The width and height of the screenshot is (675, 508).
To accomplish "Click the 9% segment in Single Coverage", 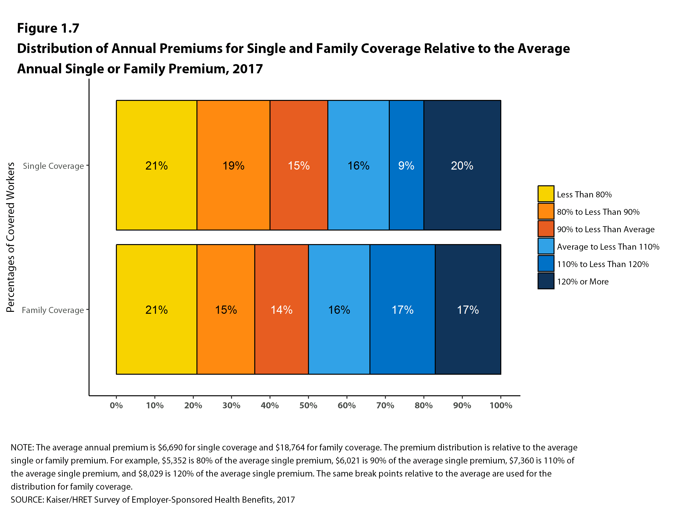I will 406,165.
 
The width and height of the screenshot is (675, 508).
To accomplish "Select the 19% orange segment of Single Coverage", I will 233,165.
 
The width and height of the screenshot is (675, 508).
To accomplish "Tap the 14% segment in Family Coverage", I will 281,309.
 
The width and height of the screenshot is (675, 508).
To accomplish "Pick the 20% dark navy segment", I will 462,165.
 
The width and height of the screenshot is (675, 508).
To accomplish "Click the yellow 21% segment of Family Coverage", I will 156,309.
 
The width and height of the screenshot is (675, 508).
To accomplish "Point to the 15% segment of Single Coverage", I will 299,165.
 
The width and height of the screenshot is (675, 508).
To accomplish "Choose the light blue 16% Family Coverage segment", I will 339,309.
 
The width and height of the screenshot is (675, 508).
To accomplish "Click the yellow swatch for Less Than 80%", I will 546,194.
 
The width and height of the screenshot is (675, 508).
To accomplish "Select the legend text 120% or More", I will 583,281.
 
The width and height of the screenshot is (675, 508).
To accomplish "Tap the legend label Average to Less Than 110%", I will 608,247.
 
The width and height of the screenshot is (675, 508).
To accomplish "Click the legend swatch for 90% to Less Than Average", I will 546,229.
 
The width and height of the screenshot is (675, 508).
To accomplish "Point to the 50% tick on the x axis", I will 308,405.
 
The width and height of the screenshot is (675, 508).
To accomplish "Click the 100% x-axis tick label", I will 501,405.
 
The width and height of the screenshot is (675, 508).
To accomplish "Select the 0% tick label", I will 116,405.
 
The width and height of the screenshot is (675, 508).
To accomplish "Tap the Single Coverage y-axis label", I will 53,166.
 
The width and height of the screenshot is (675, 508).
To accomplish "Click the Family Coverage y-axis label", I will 53,310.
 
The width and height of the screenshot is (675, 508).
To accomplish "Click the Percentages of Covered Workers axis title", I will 10,237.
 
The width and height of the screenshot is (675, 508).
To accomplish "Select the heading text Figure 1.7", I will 48,28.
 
